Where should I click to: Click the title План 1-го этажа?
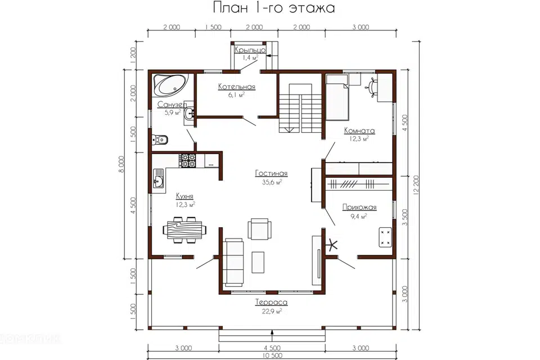point(274,7)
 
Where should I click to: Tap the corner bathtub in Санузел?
point(170,85)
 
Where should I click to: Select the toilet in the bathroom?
point(160,139)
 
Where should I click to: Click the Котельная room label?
point(237,87)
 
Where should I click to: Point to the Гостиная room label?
point(271,173)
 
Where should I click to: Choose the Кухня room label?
point(184,196)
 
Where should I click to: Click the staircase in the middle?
point(300,108)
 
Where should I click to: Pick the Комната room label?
point(359,130)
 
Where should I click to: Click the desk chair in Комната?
point(372,85)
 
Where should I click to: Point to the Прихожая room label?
point(359,208)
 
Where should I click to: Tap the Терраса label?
point(271,303)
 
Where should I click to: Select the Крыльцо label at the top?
point(250,50)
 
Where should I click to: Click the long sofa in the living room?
point(233,262)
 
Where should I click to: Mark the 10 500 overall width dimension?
point(272,355)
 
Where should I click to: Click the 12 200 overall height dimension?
point(416,185)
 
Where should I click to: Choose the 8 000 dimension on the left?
point(121,164)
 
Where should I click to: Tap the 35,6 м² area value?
point(272,182)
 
